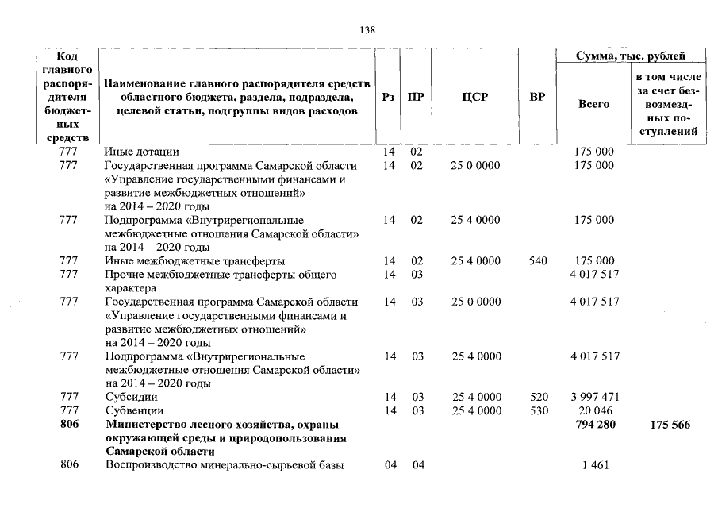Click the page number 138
tap(367, 30)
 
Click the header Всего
tap(593, 104)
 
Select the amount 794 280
tap(594, 425)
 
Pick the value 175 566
tap(668, 425)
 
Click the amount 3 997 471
tap(594, 397)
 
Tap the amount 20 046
tap(594, 411)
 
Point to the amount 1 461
tap(594, 466)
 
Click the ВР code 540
tap(537, 261)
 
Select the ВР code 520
tap(537, 397)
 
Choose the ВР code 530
tap(537, 411)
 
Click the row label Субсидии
tap(131, 397)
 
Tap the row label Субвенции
tap(134, 411)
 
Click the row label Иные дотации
tap(142, 152)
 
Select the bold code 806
tap(68, 425)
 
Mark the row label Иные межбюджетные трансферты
tap(195, 261)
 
